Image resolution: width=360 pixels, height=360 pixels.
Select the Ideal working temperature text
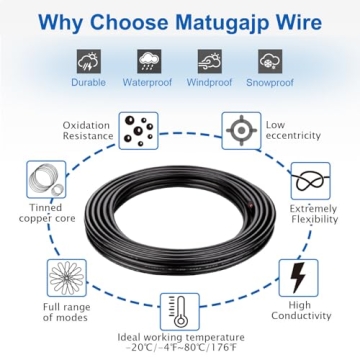point(180,340)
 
